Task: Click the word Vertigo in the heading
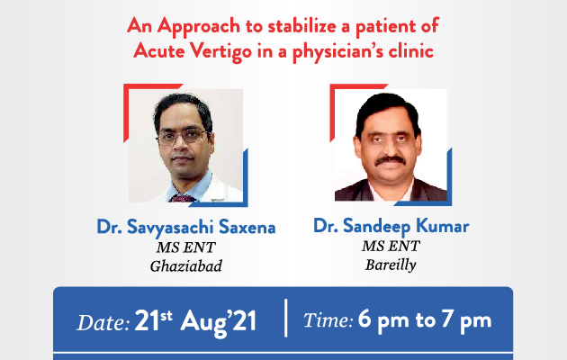click(x=221, y=51)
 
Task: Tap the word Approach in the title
click(x=199, y=27)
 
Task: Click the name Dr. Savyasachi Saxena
click(x=186, y=228)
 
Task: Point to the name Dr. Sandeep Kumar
click(x=391, y=226)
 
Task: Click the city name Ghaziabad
click(x=186, y=266)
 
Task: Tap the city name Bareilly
click(x=391, y=265)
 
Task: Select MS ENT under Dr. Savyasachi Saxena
click(x=186, y=247)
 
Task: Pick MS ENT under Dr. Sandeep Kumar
click(x=391, y=246)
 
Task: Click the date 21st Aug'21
click(x=195, y=321)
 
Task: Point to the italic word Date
click(x=103, y=322)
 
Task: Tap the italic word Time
click(x=328, y=320)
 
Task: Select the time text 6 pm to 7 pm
click(x=425, y=320)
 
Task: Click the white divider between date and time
click(x=286, y=318)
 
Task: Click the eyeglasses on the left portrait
click(x=183, y=136)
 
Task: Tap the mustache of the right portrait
click(x=391, y=160)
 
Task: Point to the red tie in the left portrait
click(x=183, y=198)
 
